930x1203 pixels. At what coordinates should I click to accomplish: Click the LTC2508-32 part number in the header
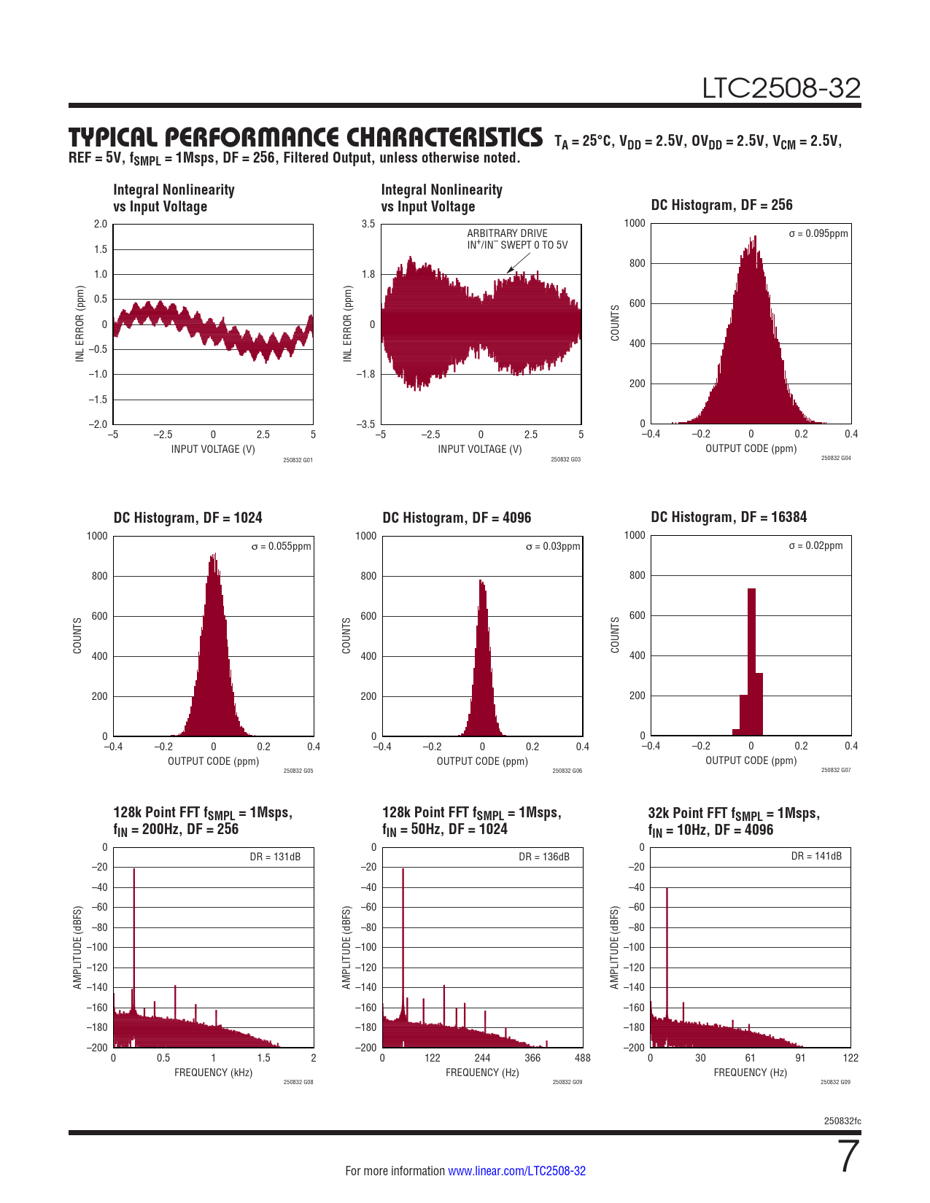point(781,88)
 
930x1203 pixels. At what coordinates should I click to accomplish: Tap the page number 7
point(849,1157)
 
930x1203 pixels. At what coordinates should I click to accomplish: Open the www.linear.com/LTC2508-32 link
point(516,1171)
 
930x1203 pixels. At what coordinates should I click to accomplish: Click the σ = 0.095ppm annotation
point(818,234)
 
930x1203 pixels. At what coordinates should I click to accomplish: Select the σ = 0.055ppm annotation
point(281,546)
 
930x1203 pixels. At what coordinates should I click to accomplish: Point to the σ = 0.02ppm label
point(815,545)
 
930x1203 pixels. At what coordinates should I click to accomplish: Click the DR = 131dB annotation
point(275,857)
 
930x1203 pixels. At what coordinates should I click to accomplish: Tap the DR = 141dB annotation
point(816,856)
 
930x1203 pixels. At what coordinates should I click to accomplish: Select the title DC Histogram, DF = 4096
point(457,518)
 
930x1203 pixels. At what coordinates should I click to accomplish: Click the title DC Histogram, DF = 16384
point(729,517)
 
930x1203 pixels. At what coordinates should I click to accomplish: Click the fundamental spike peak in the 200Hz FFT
point(134,870)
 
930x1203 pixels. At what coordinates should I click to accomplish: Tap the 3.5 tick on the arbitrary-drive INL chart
point(368,224)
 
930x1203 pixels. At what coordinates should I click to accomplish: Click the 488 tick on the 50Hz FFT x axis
point(582,1058)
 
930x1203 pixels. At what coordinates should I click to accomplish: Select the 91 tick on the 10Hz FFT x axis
point(800,1058)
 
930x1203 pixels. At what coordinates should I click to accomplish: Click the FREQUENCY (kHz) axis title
point(213,1072)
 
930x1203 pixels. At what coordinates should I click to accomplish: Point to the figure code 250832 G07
point(835,770)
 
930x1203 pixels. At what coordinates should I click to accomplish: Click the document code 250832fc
point(842,1121)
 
